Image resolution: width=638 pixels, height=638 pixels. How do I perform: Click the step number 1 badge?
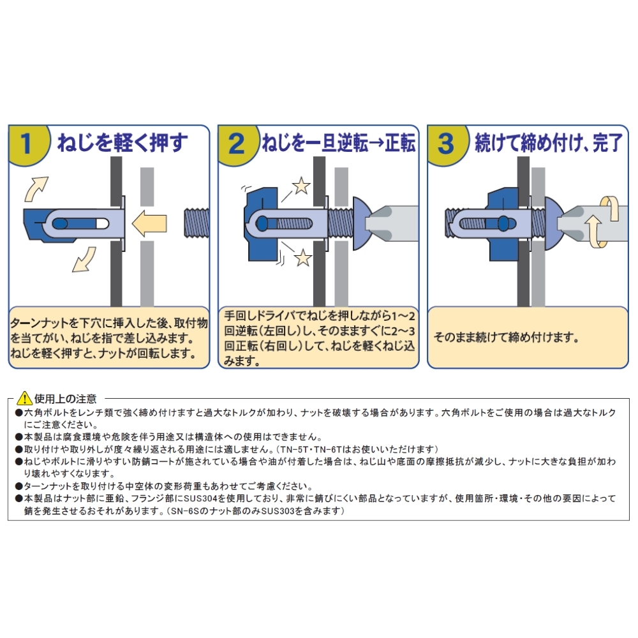(x=27, y=144)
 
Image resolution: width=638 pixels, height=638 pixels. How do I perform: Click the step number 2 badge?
(x=237, y=144)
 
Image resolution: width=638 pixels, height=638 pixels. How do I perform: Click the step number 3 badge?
(x=446, y=144)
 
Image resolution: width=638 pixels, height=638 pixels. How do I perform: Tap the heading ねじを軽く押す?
(x=122, y=143)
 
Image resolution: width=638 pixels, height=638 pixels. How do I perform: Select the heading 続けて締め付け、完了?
(x=549, y=143)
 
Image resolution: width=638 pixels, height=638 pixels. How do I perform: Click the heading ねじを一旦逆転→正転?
(x=339, y=143)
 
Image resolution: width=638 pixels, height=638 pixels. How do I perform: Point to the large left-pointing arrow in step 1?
(x=149, y=223)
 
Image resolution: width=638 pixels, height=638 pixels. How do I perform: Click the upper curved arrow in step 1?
(x=36, y=189)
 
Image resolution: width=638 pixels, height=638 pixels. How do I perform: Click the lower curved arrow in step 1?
(x=84, y=259)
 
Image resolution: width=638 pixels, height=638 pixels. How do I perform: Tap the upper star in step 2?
(x=301, y=185)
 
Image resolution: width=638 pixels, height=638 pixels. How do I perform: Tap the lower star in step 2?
(x=302, y=258)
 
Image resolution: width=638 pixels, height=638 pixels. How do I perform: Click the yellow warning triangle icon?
(x=25, y=397)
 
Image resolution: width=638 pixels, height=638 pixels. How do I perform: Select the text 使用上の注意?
(x=66, y=398)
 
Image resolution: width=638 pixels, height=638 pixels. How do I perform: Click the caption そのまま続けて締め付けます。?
(x=506, y=338)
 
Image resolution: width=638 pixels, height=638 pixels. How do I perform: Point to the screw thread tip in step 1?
(x=197, y=223)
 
